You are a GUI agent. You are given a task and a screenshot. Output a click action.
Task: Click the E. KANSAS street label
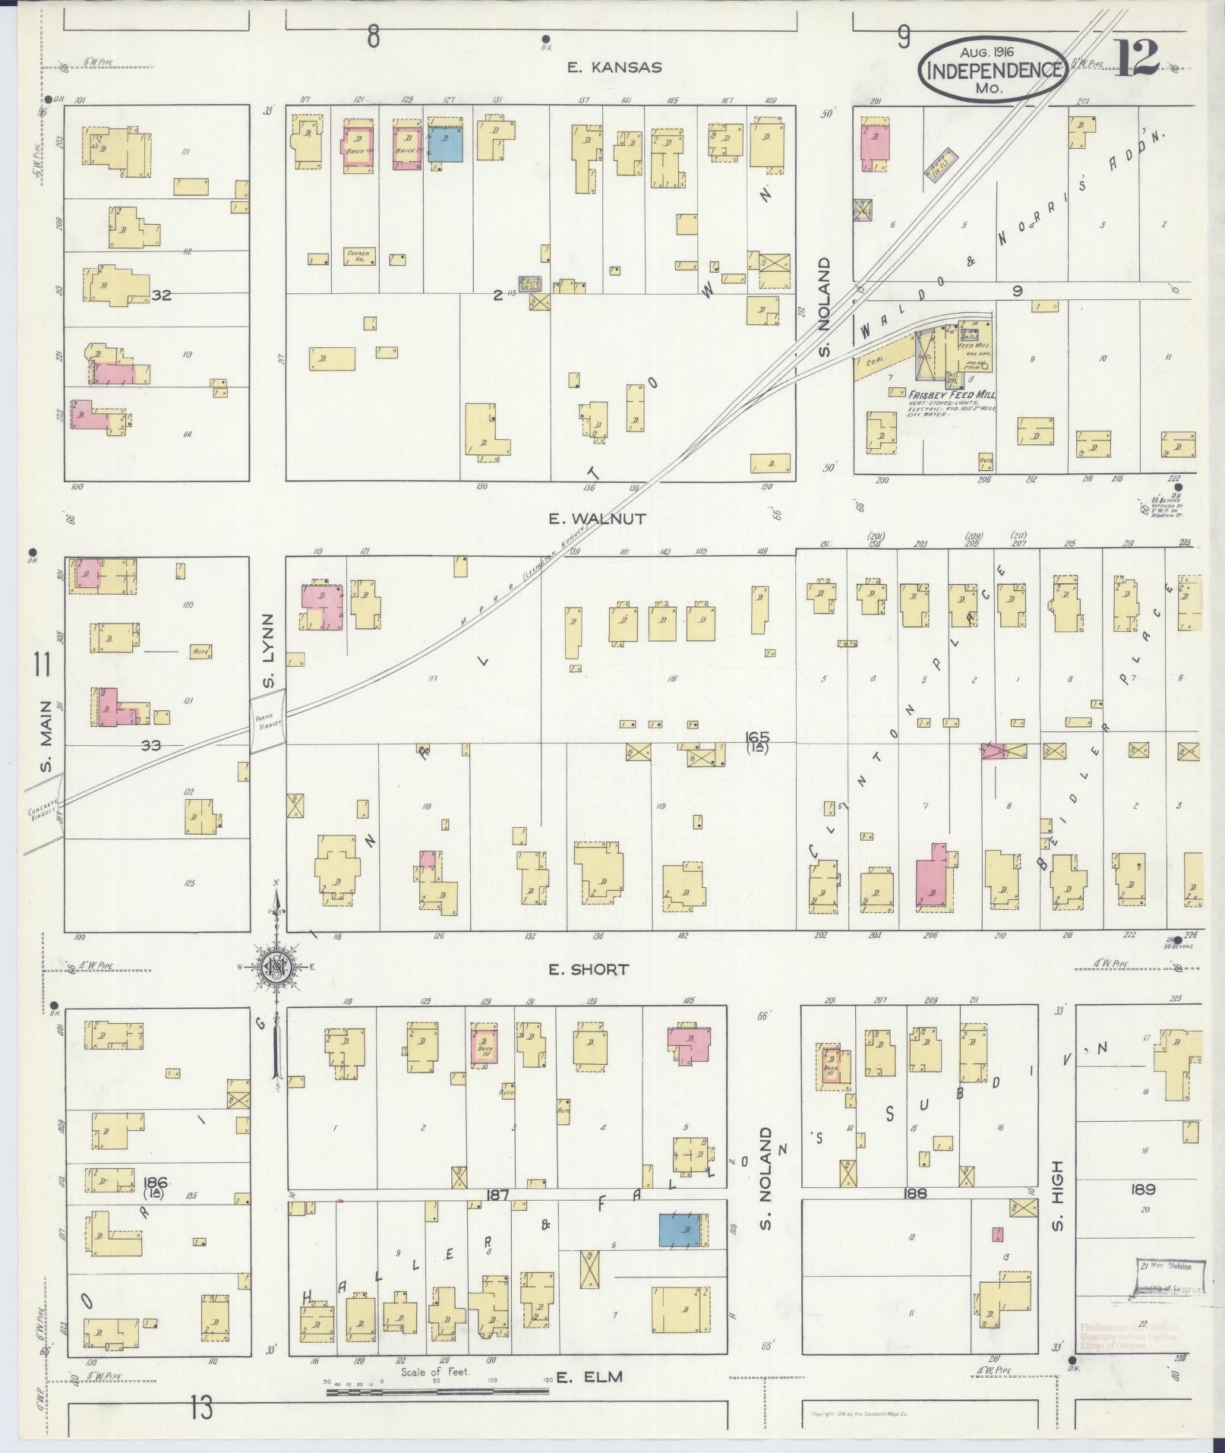point(614,68)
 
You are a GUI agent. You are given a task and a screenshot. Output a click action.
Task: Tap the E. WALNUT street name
point(597,519)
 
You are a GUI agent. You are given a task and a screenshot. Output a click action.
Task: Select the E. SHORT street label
point(589,969)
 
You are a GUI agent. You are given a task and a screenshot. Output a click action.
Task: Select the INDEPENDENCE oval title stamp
point(993,70)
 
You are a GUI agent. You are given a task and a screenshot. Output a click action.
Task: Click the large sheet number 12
point(1136,58)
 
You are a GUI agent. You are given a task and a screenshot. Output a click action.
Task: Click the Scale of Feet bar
point(437,1391)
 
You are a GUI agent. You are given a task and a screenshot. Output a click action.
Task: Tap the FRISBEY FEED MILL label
point(951,394)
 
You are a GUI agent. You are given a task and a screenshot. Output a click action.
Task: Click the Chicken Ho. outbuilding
point(357,255)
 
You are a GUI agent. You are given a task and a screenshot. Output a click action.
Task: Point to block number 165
point(757,737)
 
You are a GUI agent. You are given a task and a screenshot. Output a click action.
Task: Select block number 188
point(916,1193)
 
